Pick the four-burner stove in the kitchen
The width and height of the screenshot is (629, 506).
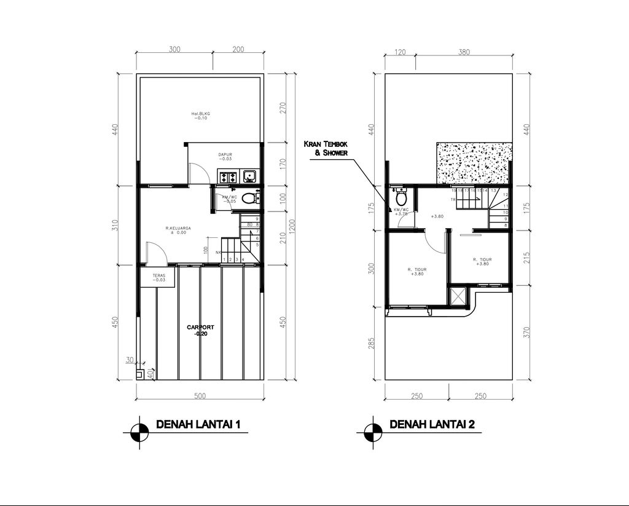click(229, 177)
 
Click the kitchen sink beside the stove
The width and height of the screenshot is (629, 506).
click(250, 177)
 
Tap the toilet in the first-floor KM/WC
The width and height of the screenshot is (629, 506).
click(248, 199)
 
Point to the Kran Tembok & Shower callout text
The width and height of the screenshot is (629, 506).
click(326, 148)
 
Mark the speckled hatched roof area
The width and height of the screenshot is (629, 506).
click(474, 163)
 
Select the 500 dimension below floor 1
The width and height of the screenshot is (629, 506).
click(200, 396)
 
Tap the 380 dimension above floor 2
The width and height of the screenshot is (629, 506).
click(464, 53)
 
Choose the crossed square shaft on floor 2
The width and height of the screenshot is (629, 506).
click(458, 296)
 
